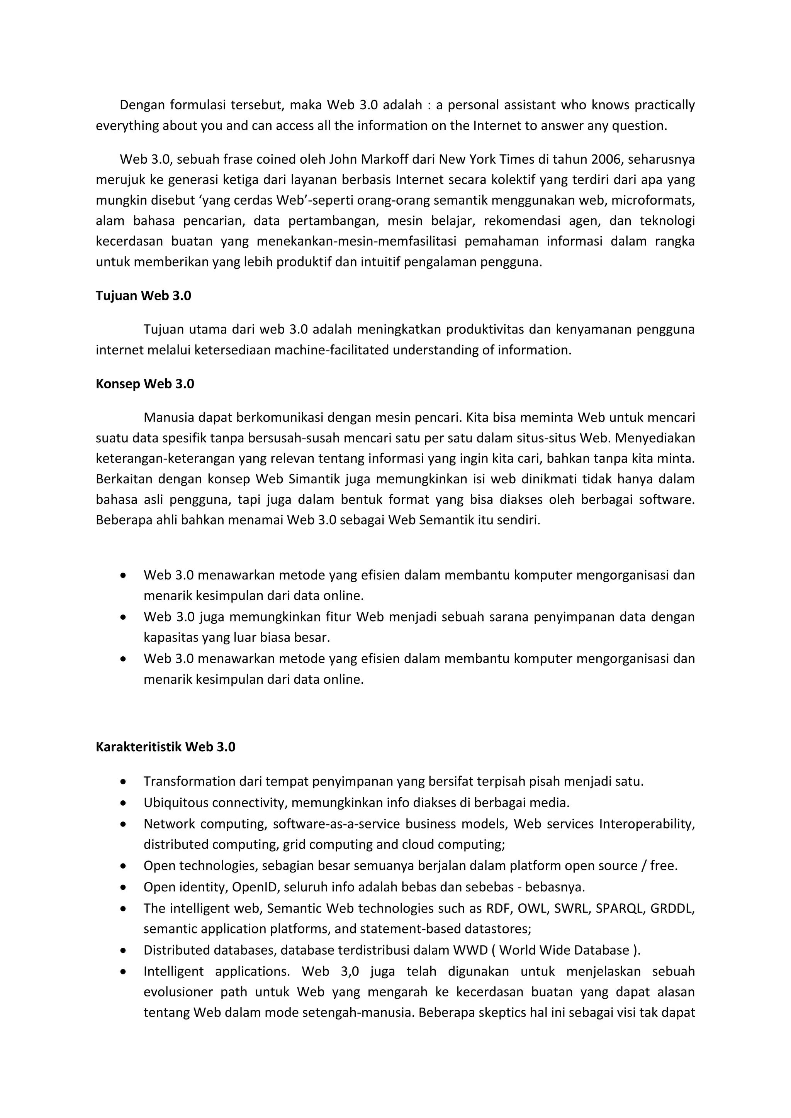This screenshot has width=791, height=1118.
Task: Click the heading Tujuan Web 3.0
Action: [143, 296]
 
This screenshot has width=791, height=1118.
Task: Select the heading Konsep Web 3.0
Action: [145, 384]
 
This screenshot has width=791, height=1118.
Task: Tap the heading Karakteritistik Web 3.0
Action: [165, 747]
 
